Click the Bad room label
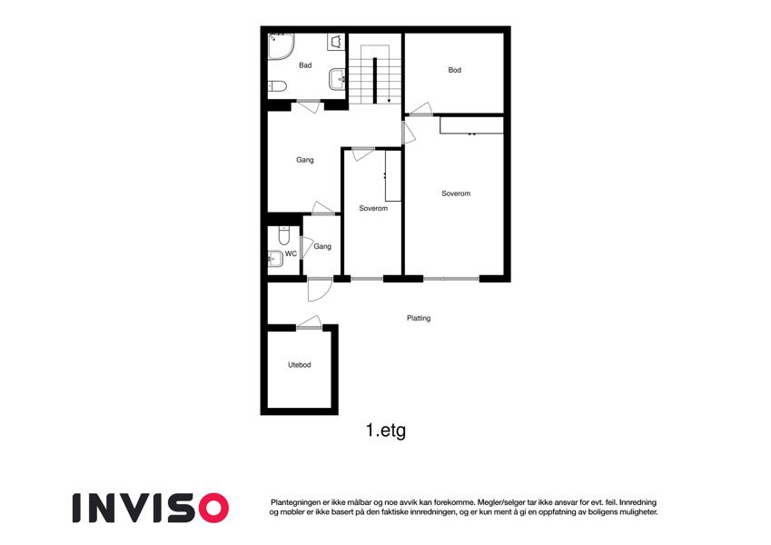(305, 64)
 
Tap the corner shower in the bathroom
(281, 46)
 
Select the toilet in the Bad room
(277, 86)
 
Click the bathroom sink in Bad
(337, 80)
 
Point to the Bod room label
(454, 70)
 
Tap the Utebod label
(299, 365)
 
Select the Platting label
(419, 318)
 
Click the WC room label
(291, 253)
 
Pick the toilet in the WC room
(283, 235)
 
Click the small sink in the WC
(275, 259)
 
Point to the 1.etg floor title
(385, 431)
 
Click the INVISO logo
(151, 508)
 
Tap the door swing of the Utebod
(310, 322)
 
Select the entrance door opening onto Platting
(319, 290)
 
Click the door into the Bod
(420, 110)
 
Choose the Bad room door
(309, 106)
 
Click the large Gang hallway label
(305, 160)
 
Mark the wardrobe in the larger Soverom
(471, 125)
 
